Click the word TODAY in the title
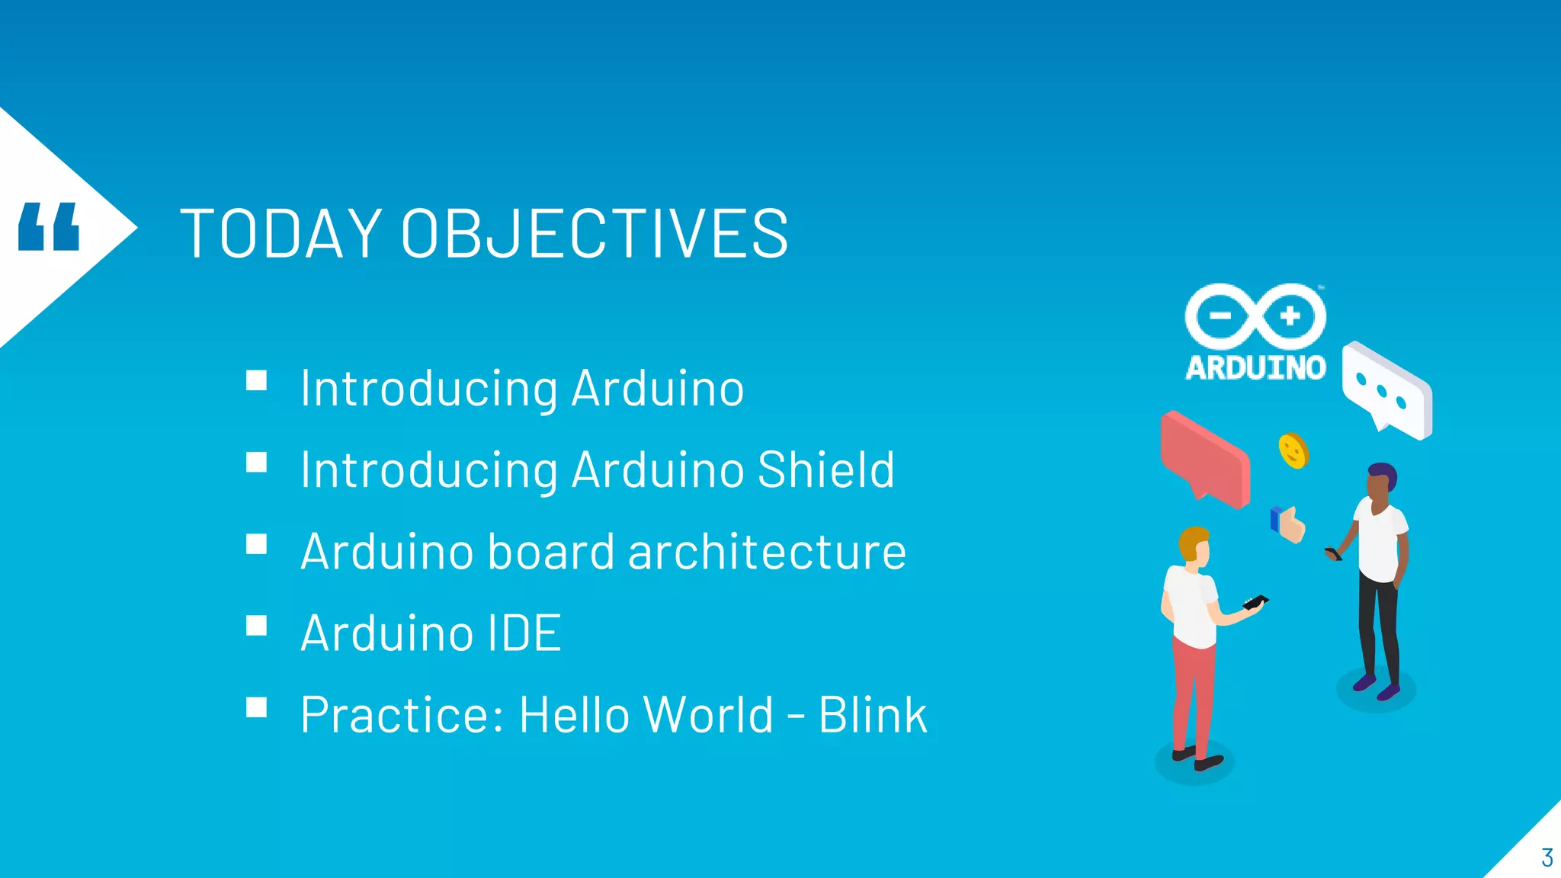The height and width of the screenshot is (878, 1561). (x=280, y=233)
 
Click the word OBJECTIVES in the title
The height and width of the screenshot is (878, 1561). (x=595, y=233)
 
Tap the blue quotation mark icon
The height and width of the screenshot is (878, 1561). (x=49, y=226)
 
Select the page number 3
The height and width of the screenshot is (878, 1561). (x=1547, y=858)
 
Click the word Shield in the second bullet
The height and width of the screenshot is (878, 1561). (x=826, y=469)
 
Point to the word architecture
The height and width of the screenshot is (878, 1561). (x=767, y=552)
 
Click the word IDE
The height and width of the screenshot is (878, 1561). (x=524, y=633)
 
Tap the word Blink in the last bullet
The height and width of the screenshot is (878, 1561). (x=873, y=715)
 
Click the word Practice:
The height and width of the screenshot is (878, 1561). (x=402, y=715)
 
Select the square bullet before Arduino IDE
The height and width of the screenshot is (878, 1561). (x=257, y=626)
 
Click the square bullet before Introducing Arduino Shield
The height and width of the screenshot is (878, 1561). (x=257, y=462)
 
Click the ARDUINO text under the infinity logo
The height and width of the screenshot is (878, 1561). (x=1255, y=368)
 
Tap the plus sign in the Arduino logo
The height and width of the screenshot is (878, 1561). (x=1290, y=316)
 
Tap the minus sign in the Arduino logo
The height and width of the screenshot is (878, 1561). (x=1220, y=316)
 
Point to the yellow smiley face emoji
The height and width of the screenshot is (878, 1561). (x=1293, y=450)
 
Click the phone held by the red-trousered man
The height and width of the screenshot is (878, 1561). (x=1255, y=602)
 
